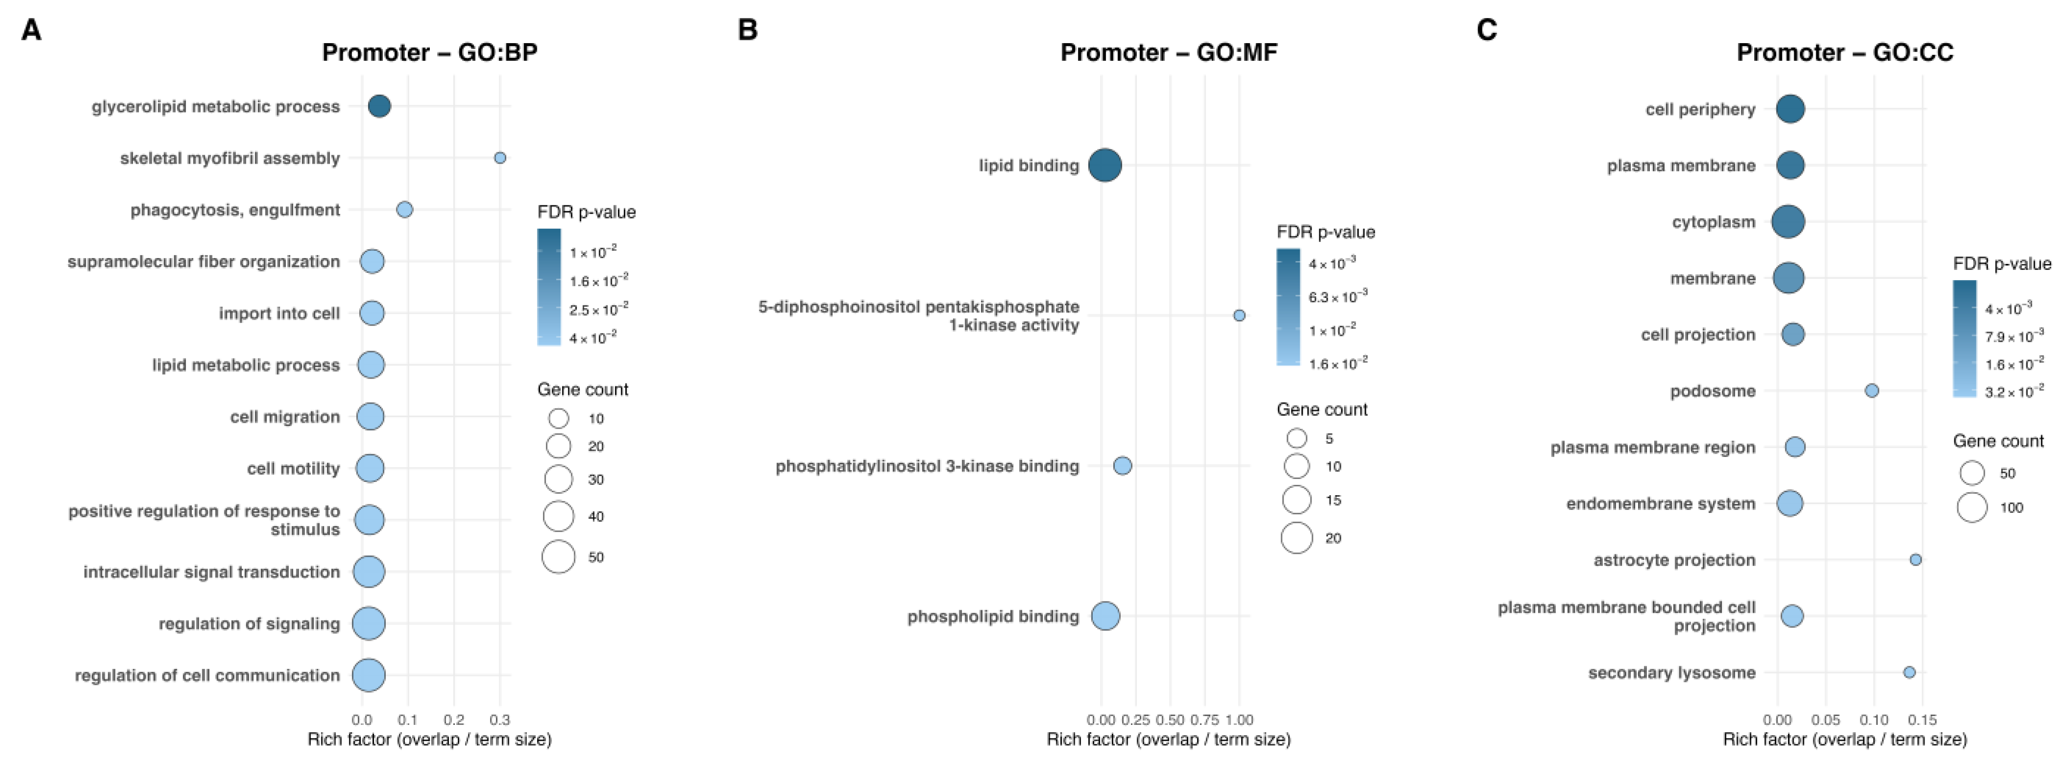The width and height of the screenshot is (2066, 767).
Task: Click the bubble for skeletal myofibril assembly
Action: (x=500, y=158)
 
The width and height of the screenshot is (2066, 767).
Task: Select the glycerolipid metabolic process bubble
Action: (x=379, y=106)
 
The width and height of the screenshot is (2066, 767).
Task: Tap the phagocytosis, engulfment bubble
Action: (x=405, y=210)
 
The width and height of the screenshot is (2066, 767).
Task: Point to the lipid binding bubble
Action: (x=1105, y=165)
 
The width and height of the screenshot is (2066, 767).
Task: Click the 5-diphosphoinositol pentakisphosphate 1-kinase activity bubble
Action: (x=1239, y=315)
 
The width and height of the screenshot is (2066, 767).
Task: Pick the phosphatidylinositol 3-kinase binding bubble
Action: (x=1123, y=465)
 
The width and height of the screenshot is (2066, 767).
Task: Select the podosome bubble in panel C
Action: (x=1872, y=391)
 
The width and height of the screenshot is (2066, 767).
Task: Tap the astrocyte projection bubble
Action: (x=1915, y=560)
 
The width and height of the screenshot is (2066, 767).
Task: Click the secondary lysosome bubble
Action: (x=1910, y=672)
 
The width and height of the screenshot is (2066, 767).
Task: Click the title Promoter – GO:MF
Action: (x=1169, y=53)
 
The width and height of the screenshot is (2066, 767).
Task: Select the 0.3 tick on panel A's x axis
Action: (x=500, y=719)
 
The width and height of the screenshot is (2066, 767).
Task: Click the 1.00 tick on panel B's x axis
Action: (x=1239, y=719)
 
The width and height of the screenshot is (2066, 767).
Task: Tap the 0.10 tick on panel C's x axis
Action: (x=1874, y=719)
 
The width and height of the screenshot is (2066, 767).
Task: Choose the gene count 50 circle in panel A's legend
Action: (x=558, y=557)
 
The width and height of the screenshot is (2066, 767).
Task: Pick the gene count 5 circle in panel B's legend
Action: (x=1297, y=438)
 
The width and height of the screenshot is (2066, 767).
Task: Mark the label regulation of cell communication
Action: (x=207, y=675)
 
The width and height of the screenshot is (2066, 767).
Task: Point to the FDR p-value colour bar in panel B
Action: (x=1288, y=307)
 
